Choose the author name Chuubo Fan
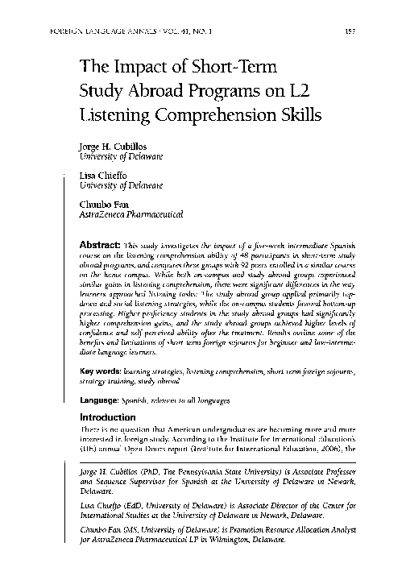point(101,206)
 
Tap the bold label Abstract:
point(99,243)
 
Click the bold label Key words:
point(99,370)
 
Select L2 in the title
point(302,90)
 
